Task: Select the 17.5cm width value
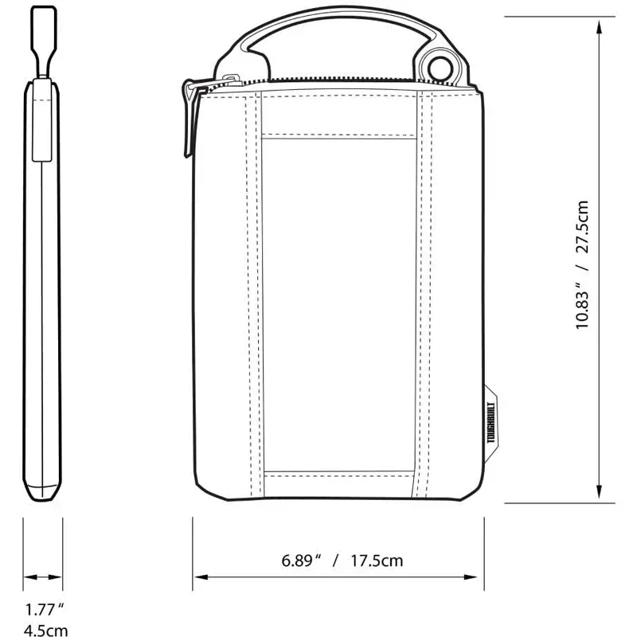(x=377, y=561)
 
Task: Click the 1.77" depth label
(x=44, y=611)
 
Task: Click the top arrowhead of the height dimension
(x=598, y=24)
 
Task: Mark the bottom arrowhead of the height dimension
(x=598, y=494)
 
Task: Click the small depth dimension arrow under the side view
(x=43, y=577)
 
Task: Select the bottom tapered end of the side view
(x=43, y=490)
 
